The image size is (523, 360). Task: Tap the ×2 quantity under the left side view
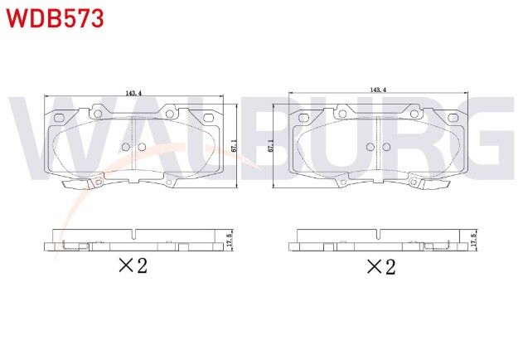pyautogui.click(x=133, y=266)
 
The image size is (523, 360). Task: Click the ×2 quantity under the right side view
pyautogui.click(x=380, y=266)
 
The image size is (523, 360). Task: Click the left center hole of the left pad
pyautogui.click(x=125, y=147)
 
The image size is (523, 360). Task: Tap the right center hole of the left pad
pyautogui.click(x=141, y=147)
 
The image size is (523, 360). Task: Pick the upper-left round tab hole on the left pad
pyautogui.click(x=96, y=110)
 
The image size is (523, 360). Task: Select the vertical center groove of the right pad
pyautogui.click(x=378, y=145)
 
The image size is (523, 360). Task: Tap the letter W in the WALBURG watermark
pyautogui.click(x=50, y=138)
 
